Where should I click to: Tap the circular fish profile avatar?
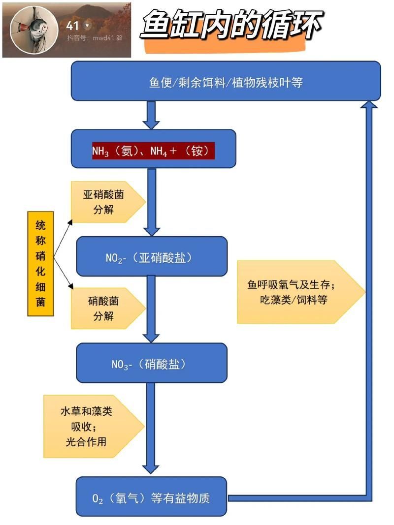pos(33,30)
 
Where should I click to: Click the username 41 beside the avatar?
pos(72,25)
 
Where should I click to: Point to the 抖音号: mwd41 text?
pos(94,37)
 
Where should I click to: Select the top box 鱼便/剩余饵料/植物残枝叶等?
pos(226,81)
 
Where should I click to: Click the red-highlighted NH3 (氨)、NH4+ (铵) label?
pos(153,151)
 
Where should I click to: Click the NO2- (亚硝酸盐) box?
pos(151,256)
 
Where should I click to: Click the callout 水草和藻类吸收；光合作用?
pos(91,426)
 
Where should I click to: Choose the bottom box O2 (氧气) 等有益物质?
pos(151,497)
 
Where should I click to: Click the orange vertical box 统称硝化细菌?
pos(40,263)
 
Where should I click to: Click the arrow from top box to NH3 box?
pos(151,115)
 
